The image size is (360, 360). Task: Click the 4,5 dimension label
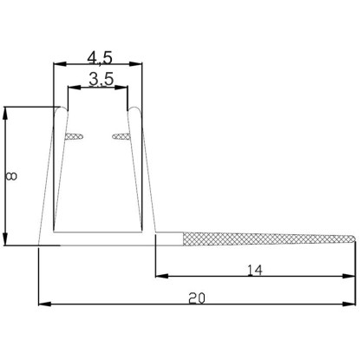click(x=100, y=58)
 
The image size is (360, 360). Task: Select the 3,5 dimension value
click(x=101, y=80)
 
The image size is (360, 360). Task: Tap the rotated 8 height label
click(x=11, y=176)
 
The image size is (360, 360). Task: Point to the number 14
click(x=255, y=271)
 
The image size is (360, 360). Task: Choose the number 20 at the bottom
click(x=197, y=298)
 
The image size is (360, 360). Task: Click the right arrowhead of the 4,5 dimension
click(x=135, y=64)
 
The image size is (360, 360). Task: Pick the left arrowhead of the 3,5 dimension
click(x=74, y=87)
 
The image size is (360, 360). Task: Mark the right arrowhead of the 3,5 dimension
click(x=121, y=87)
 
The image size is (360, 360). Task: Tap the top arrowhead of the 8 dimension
click(x=4, y=114)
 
